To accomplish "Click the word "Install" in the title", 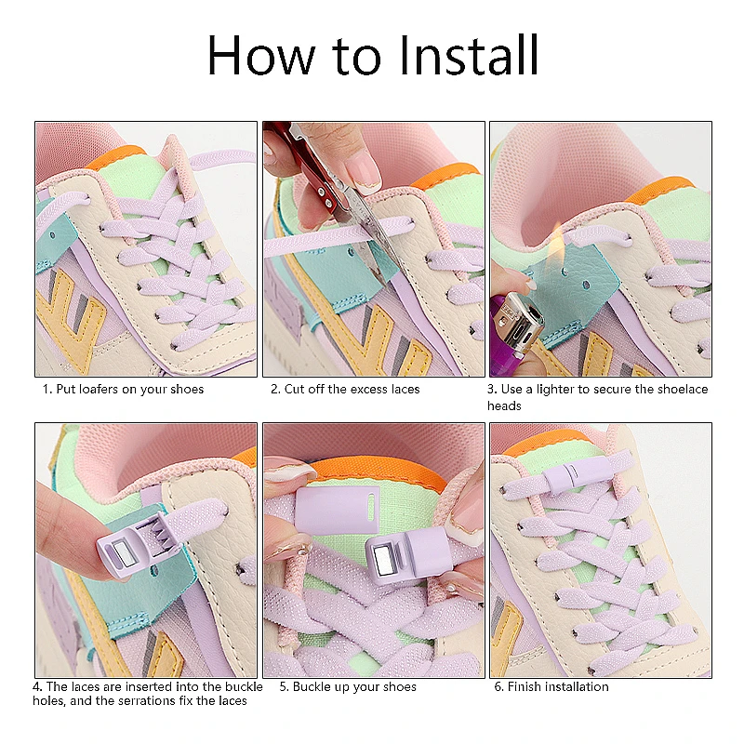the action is pyautogui.click(x=469, y=55).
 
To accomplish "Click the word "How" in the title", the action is pyautogui.click(x=260, y=55).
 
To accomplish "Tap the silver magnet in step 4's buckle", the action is pyautogui.click(x=125, y=552).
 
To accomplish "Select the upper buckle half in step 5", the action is pyautogui.click(x=338, y=511).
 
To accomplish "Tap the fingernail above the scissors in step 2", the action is pyautogui.click(x=361, y=170).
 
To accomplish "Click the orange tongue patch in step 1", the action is pyautogui.click(x=116, y=157).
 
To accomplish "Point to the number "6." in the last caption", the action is pyautogui.click(x=498, y=686).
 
